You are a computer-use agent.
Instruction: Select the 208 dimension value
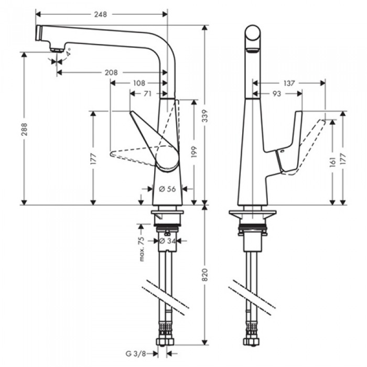click(111, 72)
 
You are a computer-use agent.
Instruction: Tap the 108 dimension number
click(139, 83)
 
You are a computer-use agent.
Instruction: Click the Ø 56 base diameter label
click(167, 189)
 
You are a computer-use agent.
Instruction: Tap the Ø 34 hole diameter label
click(167, 241)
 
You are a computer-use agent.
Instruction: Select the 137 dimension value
click(288, 83)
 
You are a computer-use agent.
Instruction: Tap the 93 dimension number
click(276, 93)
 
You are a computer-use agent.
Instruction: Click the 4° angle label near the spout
click(68, 53)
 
